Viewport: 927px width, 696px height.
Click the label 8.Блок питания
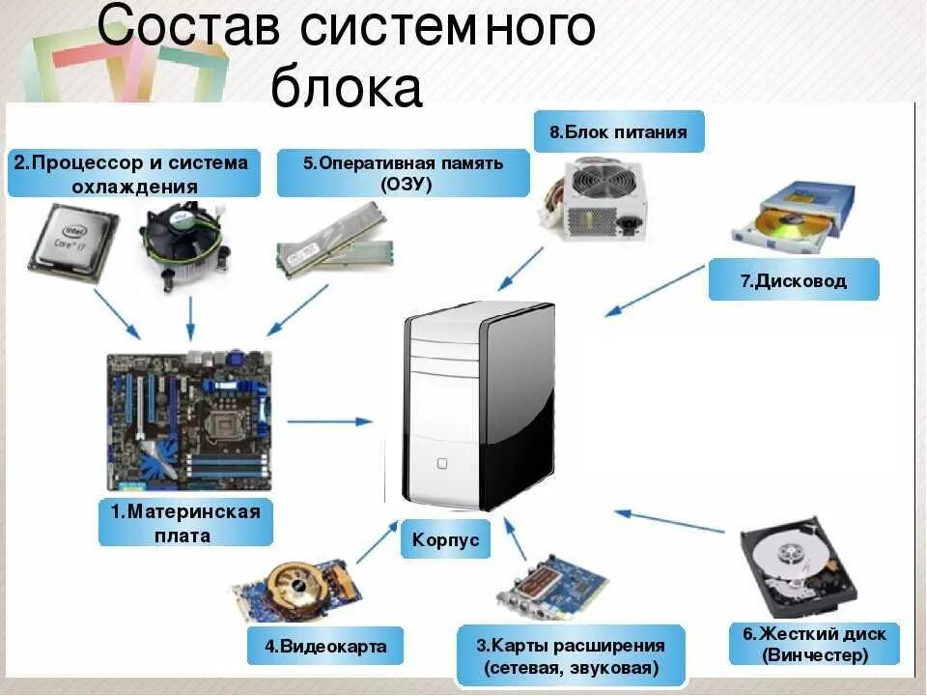tap(619, 131)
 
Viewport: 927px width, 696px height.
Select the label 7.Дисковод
tap(794, 280)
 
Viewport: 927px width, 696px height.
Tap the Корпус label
tap(445, 540)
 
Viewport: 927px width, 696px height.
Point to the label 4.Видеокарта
tap(324, 645)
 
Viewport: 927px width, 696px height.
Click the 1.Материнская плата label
tap(184, 523)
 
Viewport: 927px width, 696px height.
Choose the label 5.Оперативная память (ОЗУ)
tap(403, 173)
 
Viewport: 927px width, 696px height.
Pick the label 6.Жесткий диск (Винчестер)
tap(814, 645)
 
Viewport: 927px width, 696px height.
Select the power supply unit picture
tap(591, 202)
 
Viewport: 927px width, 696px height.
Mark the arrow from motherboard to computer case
tap(328, 420)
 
